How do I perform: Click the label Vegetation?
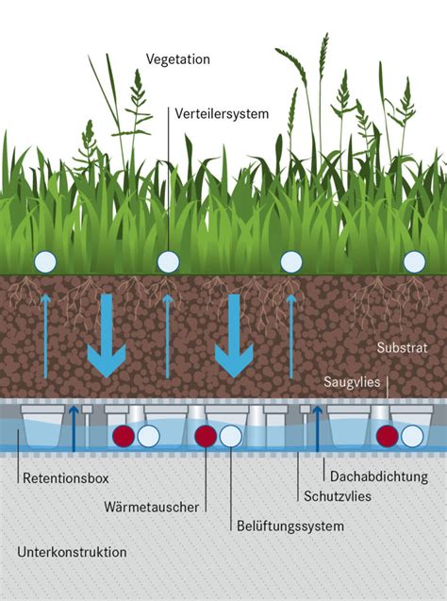pos(177,59)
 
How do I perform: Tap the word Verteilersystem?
pos(222,114)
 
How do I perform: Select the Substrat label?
pos(402,347)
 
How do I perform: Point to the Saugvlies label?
pos(352,382)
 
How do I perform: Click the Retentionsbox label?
pos(66,478)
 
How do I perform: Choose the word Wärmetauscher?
pos(151,507)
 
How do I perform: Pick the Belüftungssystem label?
pos(290,526)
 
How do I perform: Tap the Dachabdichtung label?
pos(379,476)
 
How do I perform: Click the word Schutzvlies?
pos(338,496)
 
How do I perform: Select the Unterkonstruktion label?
pos(72,552)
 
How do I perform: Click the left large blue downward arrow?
pos(107,335)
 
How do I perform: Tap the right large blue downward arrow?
pos(234,335)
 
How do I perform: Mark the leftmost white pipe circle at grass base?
pos(45,262)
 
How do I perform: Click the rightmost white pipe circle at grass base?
pos(414,262)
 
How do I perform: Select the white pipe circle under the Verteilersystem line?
pos(168,262)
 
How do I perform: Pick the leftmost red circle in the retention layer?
pos(124,436)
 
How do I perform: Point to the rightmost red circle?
pos(388,436)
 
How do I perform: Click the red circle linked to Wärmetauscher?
pos(207,436)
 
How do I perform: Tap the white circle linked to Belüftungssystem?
pos(231,436)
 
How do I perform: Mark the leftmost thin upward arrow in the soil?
pos(45,336)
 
